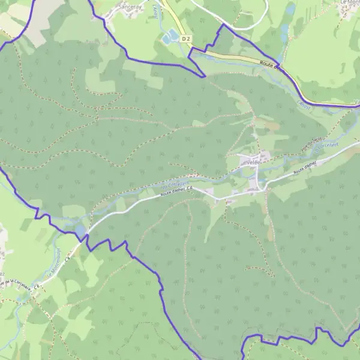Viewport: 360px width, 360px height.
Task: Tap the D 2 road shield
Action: (188, 38)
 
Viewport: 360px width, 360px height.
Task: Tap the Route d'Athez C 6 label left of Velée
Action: (176, 190)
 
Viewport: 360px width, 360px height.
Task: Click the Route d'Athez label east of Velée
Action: (305, 168)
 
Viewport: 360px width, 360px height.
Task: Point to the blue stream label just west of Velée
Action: (175, 182)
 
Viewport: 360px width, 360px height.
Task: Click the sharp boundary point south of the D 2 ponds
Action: (205, 76)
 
